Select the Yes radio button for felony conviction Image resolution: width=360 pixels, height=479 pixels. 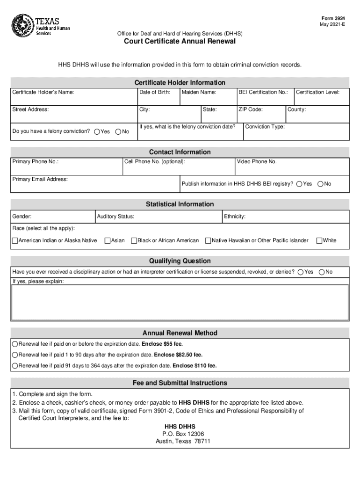pyautogui.click(x=97, y=132)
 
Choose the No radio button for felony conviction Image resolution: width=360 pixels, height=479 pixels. pyautogui.click(x=118, y=132)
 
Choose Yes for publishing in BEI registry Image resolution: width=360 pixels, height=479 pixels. pyautogui.click(x=299, y=184)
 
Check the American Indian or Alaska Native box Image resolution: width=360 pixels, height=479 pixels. pyautogui.click(x=14, y=241)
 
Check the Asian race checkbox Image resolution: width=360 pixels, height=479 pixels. pyautogui.click(x=108, y=241)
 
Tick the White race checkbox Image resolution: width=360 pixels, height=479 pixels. pyautogui.click(x=319, y=241)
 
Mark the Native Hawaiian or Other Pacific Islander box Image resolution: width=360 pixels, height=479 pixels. pyautogui.click(x=208, y=241)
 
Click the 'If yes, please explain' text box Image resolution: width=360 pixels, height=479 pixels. pyautogui.click(x=180, y=302)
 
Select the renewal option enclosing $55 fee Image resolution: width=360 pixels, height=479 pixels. pyautogui.click(x=15, y=344)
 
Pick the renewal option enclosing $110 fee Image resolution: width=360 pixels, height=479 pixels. pyautogui.click(x=15, y=366)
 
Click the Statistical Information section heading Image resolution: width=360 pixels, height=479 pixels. pyautogui.click(x=180, y=204)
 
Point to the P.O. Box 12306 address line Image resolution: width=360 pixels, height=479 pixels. pyautogui.click(x=180, y=434)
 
